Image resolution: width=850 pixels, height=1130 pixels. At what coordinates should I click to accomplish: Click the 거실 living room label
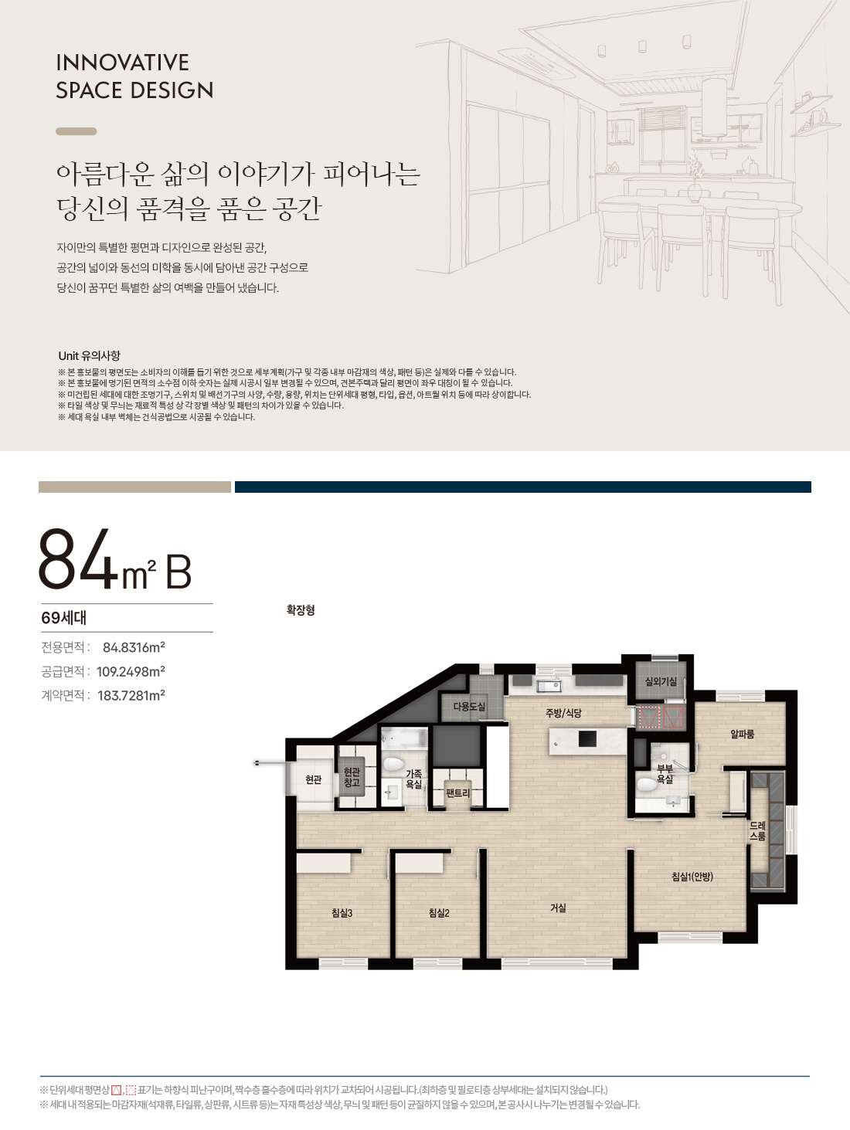point(558,908)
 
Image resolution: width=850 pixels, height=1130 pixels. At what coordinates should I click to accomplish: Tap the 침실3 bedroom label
point(342,913)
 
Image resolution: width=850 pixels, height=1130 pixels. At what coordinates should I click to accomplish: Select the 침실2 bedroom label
point(439,913)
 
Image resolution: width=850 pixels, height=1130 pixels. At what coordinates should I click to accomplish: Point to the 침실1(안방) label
point(692,877)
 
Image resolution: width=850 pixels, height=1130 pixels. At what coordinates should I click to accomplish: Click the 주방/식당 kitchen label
point(563,713)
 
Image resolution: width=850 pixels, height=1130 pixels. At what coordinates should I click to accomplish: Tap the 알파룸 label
point(742,734)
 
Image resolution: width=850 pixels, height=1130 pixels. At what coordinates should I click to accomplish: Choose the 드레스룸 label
point(757,831)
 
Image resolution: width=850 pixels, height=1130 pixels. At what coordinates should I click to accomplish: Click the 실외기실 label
point(661,681)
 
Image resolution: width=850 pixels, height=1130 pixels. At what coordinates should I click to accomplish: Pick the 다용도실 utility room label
point(469,707)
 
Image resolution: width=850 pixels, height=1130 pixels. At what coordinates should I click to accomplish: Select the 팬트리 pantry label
point(457,793)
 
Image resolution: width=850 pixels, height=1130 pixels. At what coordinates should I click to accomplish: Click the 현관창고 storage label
point(352,777)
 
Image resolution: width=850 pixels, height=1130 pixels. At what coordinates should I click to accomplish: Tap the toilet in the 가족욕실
point(393,765)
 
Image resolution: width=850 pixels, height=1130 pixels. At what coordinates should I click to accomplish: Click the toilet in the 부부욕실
point(646,785)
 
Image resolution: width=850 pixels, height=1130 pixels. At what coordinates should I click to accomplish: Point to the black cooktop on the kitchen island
point(587,739)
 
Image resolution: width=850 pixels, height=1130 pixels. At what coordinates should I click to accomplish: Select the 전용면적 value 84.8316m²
point(134,647)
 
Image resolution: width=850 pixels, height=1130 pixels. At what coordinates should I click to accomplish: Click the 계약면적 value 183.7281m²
point(131,695)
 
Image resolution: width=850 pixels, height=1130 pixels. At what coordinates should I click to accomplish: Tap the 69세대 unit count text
point(63,618)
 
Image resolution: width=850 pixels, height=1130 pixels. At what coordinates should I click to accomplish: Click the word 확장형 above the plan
point(301,610)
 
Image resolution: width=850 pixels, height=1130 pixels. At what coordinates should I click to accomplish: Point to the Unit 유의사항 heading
point(89,355)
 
